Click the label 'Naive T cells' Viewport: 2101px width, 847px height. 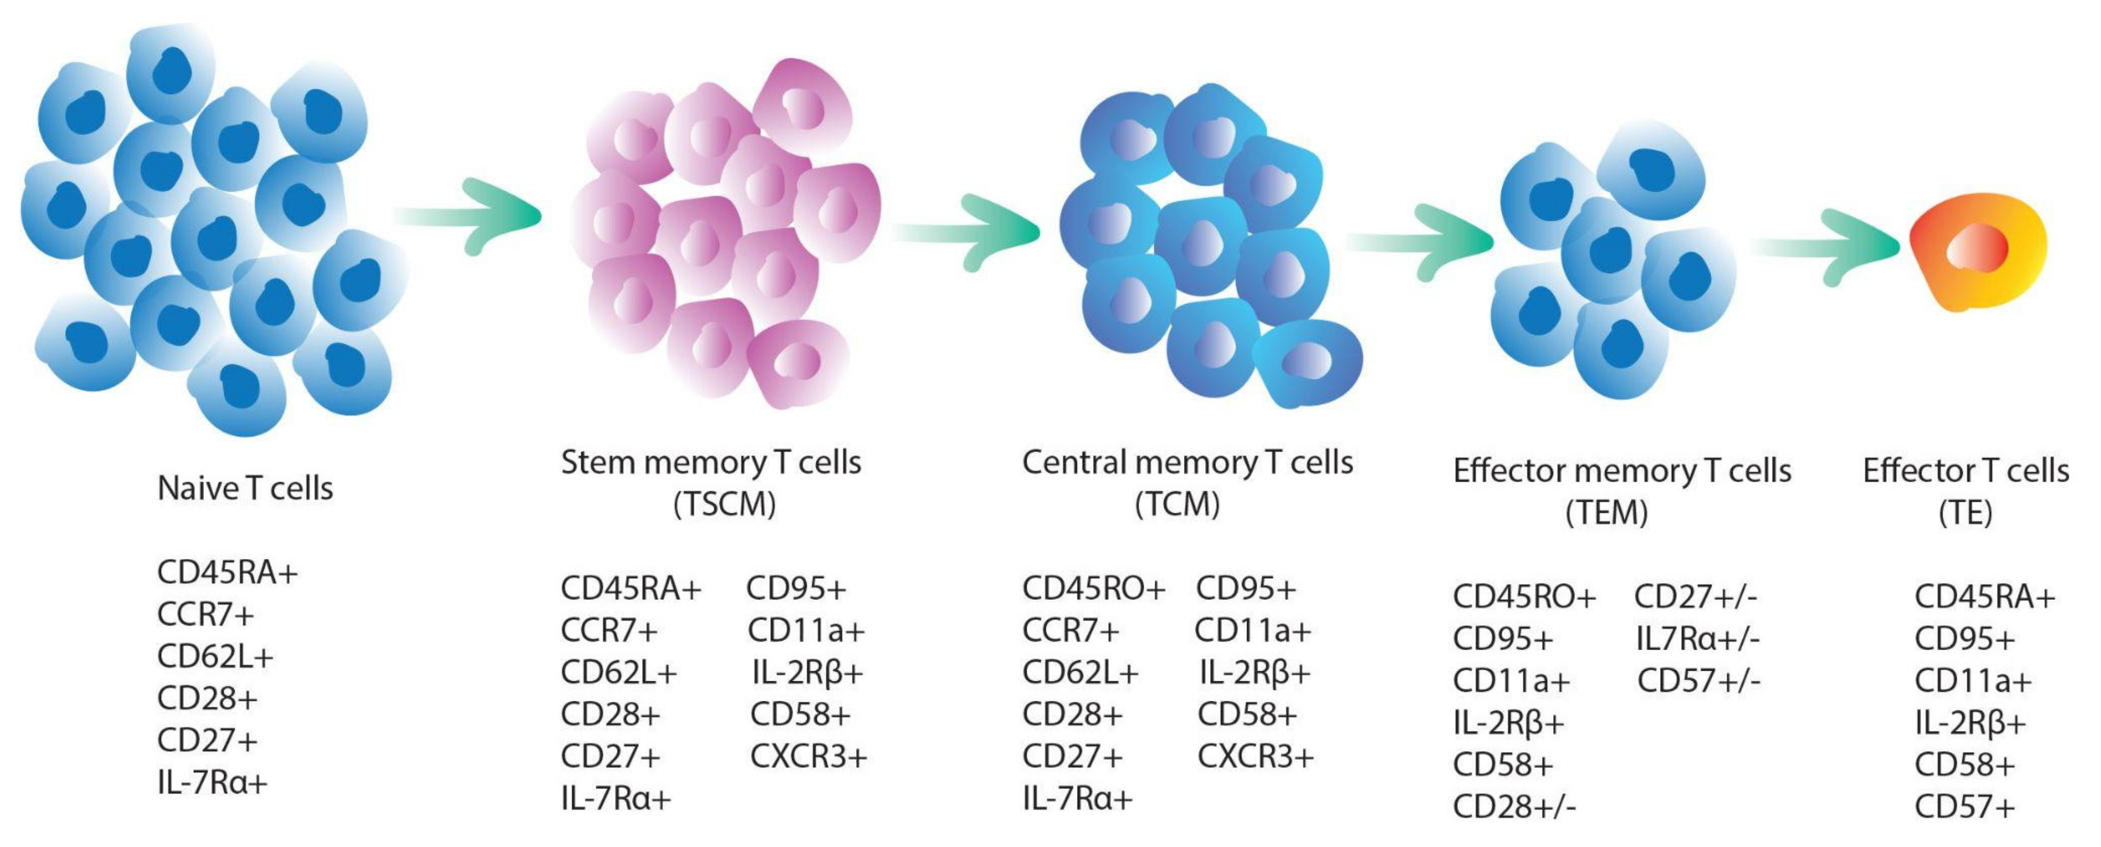[245, 488]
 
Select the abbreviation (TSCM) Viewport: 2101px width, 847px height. [724, 504]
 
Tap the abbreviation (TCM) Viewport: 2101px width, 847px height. [1177, 504]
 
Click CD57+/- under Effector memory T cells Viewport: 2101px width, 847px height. [1699, 680]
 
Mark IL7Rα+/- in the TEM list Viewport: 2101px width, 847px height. [1697, 638]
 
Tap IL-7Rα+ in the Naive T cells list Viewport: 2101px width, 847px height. [212, 782]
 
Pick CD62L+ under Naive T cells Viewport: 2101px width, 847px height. [215, 656]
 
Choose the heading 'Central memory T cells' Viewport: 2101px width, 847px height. [1188, 462]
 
